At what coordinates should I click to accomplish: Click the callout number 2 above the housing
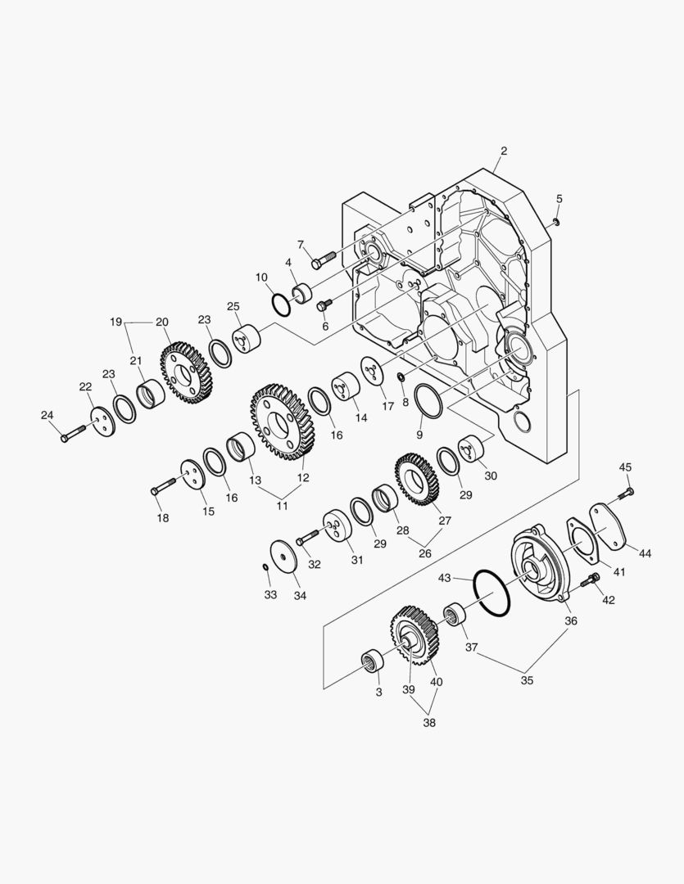[x=504, y=151]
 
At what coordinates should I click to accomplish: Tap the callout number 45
[x=625, y=467]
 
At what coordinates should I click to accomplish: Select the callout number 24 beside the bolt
[x=48, y=416]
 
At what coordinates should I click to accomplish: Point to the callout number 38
[x=429, y=723]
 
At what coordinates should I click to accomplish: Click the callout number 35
[x=527, y=680]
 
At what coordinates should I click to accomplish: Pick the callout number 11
[x=282, y=506]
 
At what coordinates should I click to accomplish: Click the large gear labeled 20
[x=186, y=372]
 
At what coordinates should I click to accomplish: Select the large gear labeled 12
[x=282, y=422]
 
